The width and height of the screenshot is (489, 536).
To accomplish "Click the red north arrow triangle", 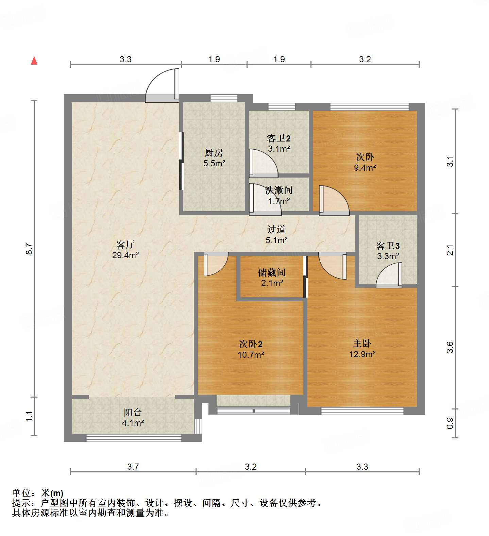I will [34, 61].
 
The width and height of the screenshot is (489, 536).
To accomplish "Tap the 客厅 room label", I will [125, 245].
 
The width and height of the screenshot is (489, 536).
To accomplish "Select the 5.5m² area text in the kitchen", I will [214, 163].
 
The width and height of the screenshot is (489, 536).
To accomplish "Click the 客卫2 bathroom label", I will [279, 138].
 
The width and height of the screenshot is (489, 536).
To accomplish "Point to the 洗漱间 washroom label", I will [279, 190].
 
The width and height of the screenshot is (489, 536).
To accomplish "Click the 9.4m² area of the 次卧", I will [365, 167].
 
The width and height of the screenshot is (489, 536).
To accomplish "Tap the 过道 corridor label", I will [276, 230].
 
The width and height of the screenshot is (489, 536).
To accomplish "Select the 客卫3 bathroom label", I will [388, 246].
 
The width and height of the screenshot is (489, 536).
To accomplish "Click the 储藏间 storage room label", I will [271, 272].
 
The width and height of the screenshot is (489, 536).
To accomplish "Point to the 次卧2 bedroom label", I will [251, 344].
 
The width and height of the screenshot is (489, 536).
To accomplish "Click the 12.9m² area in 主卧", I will [362, 354].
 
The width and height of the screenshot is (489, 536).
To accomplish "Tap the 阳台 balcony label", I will [133, 413].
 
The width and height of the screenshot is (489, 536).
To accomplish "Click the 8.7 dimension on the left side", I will [30, 249].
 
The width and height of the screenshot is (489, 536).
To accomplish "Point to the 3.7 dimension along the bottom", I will [133, 467].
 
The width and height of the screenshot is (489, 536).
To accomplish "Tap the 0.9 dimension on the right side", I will [450, 423].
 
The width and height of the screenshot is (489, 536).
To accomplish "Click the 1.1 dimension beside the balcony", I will [30, 416].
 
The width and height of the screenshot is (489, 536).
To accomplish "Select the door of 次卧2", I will [215, 264].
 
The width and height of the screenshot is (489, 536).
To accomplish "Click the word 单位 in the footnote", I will [22, 493].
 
